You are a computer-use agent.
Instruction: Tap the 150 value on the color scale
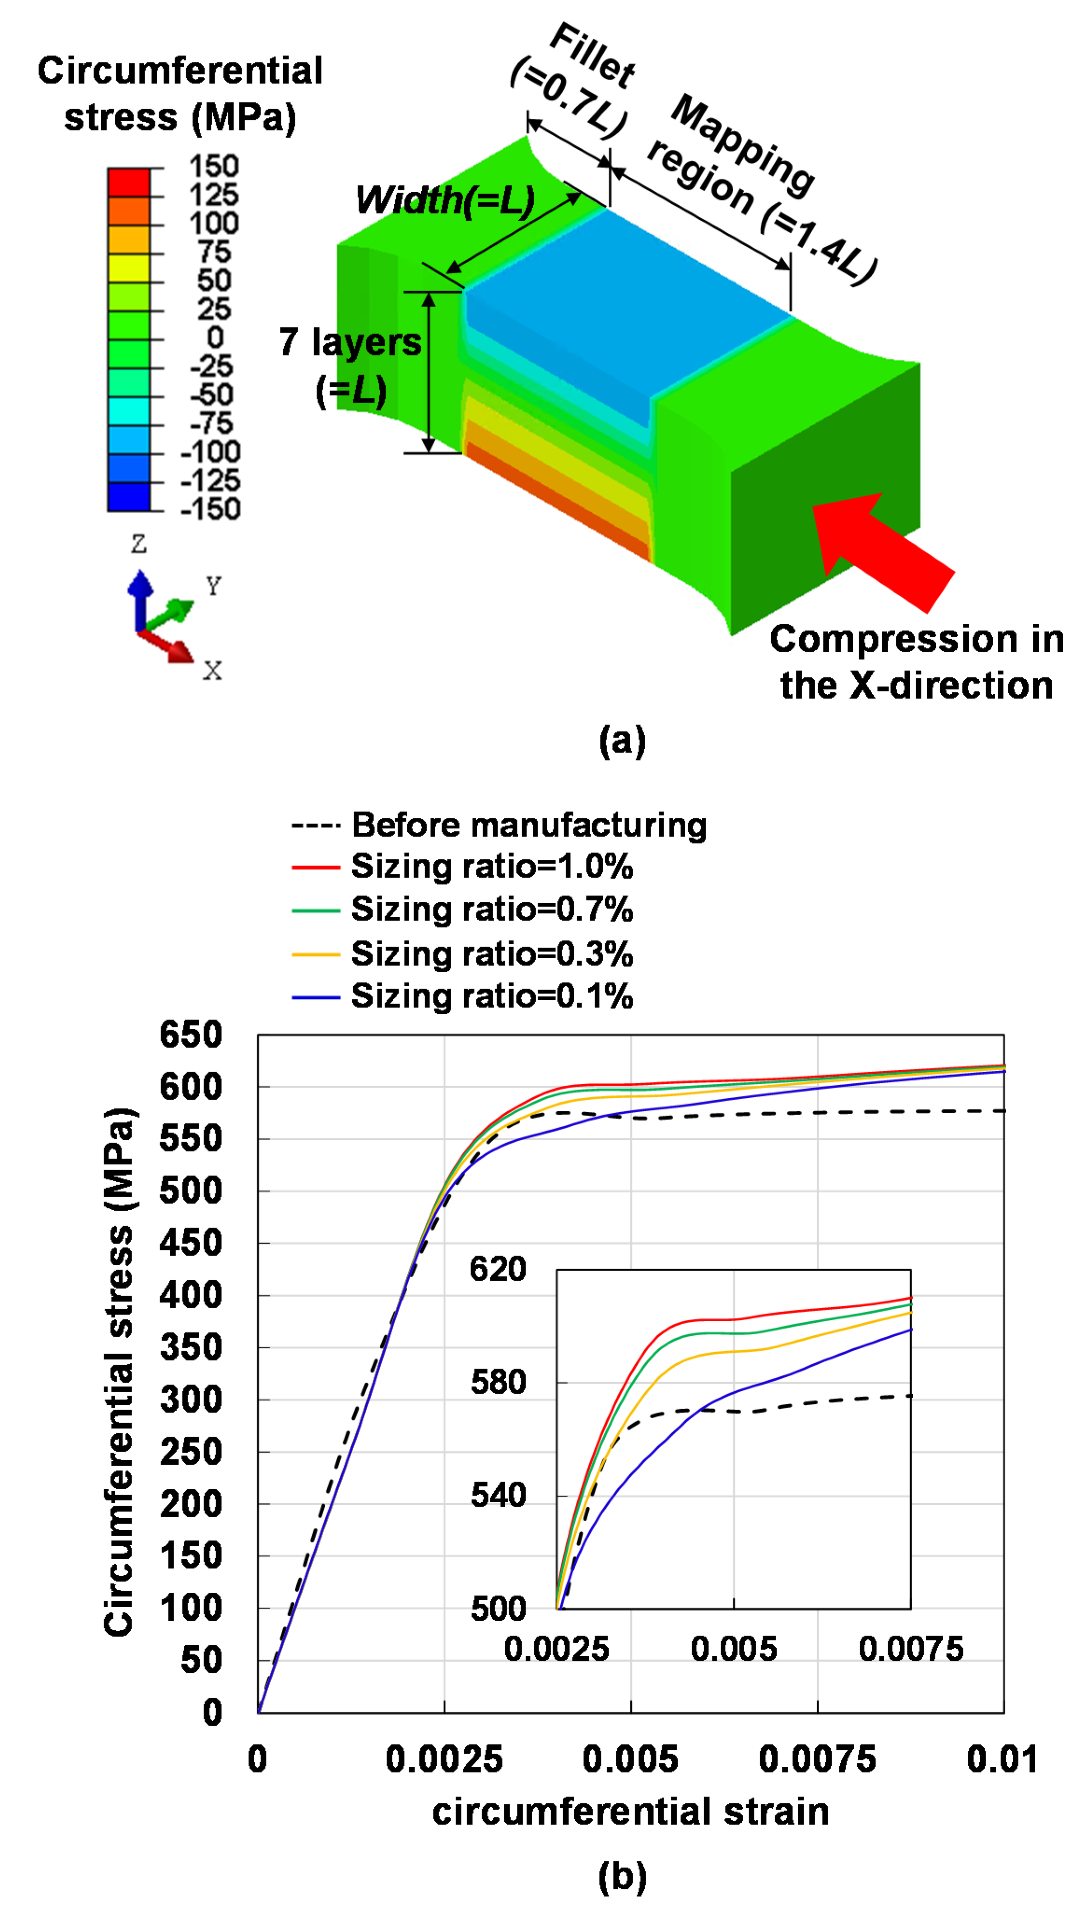tap(214, 166)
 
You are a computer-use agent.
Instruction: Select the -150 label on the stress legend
tap(210, 509)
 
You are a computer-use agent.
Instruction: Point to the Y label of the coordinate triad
tap(214, 586)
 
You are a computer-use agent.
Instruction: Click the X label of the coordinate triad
tap(212, 671)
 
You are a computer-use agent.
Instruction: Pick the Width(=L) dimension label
tap(445, 200)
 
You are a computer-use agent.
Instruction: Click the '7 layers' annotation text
tap(350, 342)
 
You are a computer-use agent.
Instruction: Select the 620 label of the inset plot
tap(498, 1269)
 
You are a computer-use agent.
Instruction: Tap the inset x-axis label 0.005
tap(733, 1649)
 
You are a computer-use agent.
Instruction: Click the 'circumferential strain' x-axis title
tap(630, 1812)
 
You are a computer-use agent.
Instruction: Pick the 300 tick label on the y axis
tap(191, 1400)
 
